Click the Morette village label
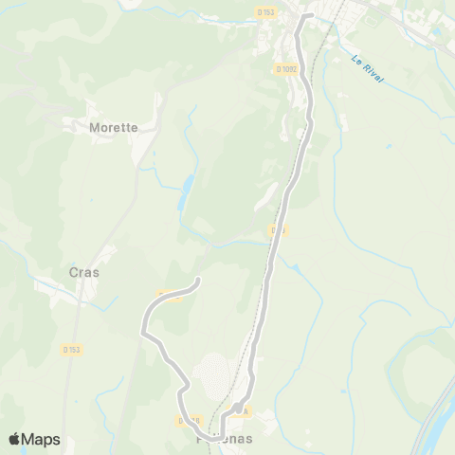(113, 126)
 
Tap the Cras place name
(84, 271)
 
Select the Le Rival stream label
(367, 72)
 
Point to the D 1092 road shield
(285, 68)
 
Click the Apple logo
(15, 439)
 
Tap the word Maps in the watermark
(42, 439)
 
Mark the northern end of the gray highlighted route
(310, 15)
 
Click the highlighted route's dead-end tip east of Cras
(198, 280)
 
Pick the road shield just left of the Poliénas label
(189, 420)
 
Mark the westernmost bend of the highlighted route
(142, 331)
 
